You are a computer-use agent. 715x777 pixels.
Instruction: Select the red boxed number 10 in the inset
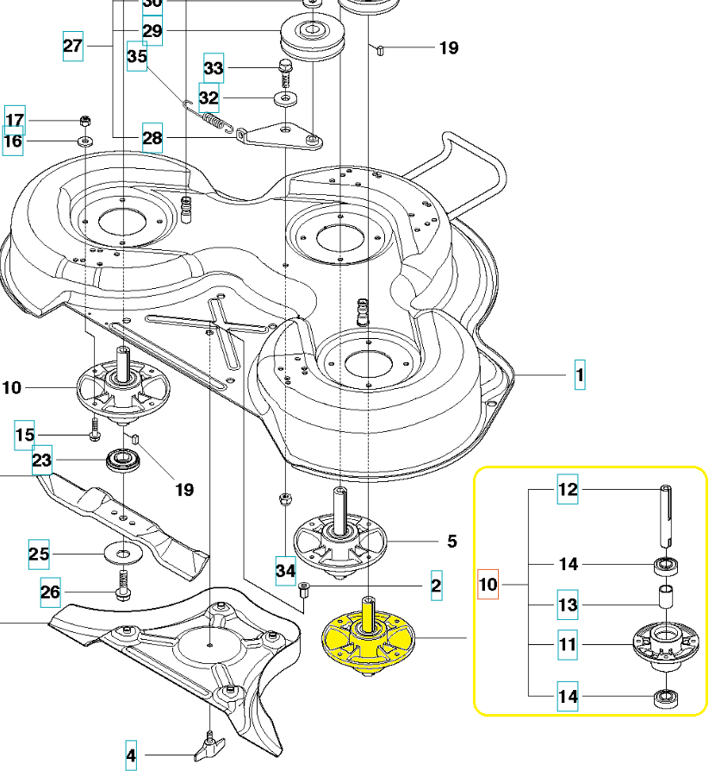(x=488, y=585)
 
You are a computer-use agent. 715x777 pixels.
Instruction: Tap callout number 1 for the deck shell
(x=580, y=375)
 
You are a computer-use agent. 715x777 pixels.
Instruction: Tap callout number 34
(x=285, y=569)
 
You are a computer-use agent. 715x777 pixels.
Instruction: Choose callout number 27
(x=73, y=45)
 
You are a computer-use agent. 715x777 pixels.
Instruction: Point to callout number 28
(x=152, y=138)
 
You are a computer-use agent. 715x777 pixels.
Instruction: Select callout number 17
(x=16, y=119)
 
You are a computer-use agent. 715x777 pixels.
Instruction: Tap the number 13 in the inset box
(x=567, y=605)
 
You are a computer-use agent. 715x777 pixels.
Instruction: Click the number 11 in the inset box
(x=567, y=644)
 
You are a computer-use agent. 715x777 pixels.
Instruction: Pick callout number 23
(x=42, y=461)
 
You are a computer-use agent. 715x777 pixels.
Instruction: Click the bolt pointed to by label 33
(x=286, y=68)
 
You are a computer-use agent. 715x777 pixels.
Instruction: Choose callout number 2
(x=436, y=587)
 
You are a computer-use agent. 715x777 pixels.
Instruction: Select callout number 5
(x=451, y=542)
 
